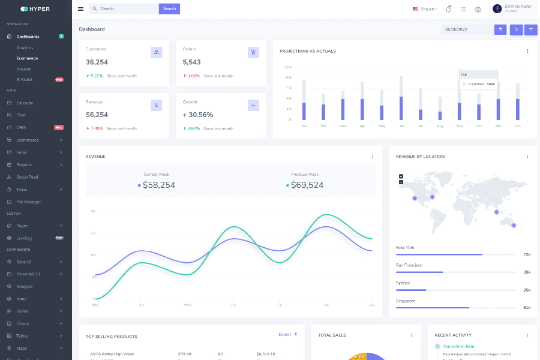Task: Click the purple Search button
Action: [169, 8]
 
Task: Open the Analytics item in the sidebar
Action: [25, 47]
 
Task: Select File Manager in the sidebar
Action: [29, 202]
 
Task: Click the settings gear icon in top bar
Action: [478, 9]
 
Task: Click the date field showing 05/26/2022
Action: [466, 29]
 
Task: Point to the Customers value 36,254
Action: [97, 62]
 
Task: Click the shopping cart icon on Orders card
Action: [253, 52]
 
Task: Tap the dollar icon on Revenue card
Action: [157, 105]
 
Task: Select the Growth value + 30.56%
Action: [198, 115]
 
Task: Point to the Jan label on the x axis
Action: [304, 126]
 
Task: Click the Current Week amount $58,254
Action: [158, 185]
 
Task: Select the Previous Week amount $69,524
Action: [307, 185]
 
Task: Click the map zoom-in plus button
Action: [401, 176]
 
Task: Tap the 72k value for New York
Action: [526, 254]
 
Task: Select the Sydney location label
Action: [403, 283]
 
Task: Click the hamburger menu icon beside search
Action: [81, 9]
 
